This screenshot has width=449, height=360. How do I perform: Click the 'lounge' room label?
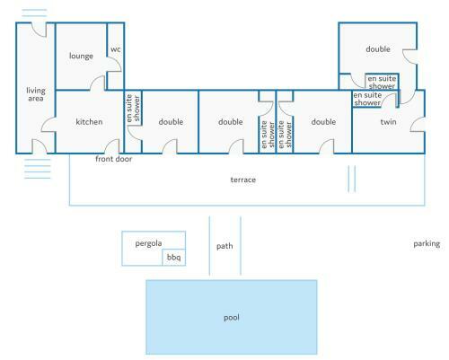(x=81, y=57)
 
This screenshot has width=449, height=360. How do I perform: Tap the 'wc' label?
(x=116, y=49)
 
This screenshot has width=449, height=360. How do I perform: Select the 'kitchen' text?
(x=89, y=122)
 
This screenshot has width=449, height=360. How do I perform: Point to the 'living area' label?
(x=36, y=94)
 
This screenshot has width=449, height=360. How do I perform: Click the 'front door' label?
(x=114, y=159)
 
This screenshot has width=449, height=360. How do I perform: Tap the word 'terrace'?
(x=243, y=180)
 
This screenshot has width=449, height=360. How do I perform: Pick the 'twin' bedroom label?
(x=388, y=122)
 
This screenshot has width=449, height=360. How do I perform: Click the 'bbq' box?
(x=174, y=258)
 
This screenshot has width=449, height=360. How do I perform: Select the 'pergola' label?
(x=148, y=243)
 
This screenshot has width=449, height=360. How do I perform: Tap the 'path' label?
(x=224, y=246)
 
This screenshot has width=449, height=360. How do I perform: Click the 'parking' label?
(x=427, y=244)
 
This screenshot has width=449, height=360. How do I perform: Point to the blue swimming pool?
(x=232, y=317)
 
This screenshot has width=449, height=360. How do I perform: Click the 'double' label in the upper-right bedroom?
(x=378, y=49)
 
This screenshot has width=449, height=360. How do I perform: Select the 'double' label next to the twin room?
(x=323, y=122)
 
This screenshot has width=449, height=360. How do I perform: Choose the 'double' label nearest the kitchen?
(x=171, y=122)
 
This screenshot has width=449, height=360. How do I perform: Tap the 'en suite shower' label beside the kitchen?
(x=133, y=108)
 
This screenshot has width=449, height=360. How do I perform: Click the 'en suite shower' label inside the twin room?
(x=367, y=99)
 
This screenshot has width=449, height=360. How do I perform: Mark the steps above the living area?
(x=34, y=13)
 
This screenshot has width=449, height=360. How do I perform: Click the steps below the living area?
(x=38, y=169)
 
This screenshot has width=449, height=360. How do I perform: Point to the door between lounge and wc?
(x=115, y=64)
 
